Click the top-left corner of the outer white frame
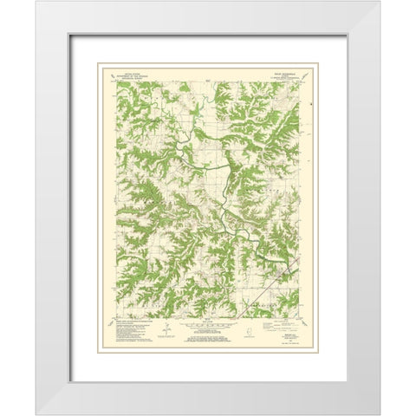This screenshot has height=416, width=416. pos(36,3)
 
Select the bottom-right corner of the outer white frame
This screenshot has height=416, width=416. pos(379,413)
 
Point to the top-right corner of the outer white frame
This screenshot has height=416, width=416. pos(379,3)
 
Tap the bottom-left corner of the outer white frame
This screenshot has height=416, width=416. pos(36,413)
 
